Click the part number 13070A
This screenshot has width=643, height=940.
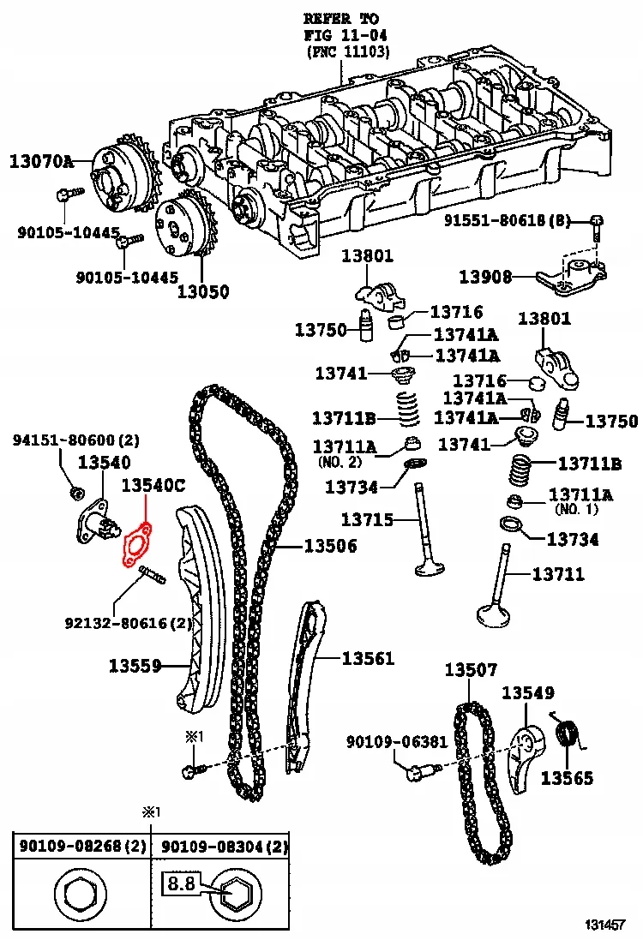pos(42,160)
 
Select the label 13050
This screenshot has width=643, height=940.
pos(203,291)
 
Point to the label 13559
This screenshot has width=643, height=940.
pos(135,664)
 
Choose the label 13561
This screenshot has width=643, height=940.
pos(368,658)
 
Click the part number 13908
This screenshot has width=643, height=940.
pos(485,277)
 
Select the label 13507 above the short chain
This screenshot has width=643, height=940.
pos(471,670)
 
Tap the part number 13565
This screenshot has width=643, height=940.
pos(567,778)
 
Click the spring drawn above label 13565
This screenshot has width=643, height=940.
pos(567,734)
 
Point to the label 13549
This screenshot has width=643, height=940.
pos(528,692)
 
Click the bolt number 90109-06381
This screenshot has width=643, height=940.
pos(397,741)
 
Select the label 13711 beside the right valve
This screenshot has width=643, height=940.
pos(558,574)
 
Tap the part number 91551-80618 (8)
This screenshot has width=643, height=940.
pos(507,221)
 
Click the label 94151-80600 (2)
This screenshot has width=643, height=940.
pos(75,441)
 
